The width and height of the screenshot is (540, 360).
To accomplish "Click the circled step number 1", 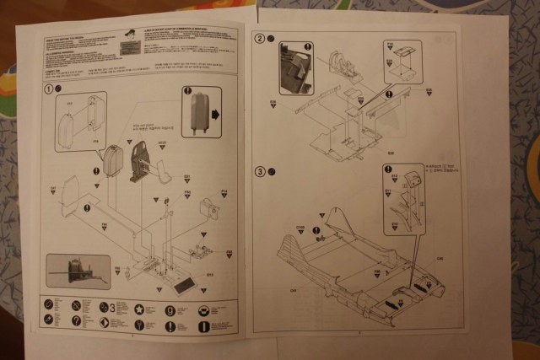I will (x=49, y=89).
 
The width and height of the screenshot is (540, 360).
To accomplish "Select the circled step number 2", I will (x=259, y=40).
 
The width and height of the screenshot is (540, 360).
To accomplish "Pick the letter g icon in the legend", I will (x=170, y=309).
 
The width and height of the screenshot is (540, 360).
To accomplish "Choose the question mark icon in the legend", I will (x=76, y=322).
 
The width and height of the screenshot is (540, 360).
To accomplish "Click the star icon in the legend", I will (x=138, y=309).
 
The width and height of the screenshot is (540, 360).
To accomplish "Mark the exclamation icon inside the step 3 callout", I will (x=392, y=180).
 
